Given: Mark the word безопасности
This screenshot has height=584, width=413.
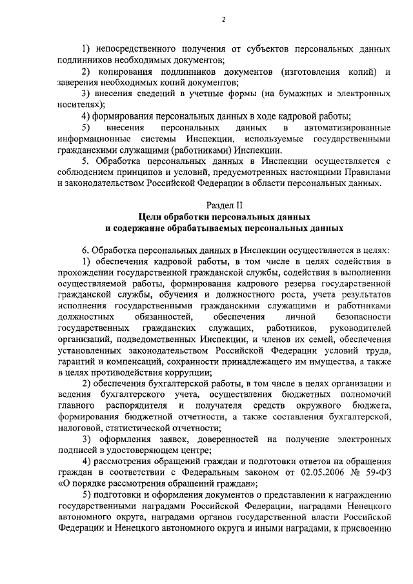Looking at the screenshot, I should click(x=364, y=317).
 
